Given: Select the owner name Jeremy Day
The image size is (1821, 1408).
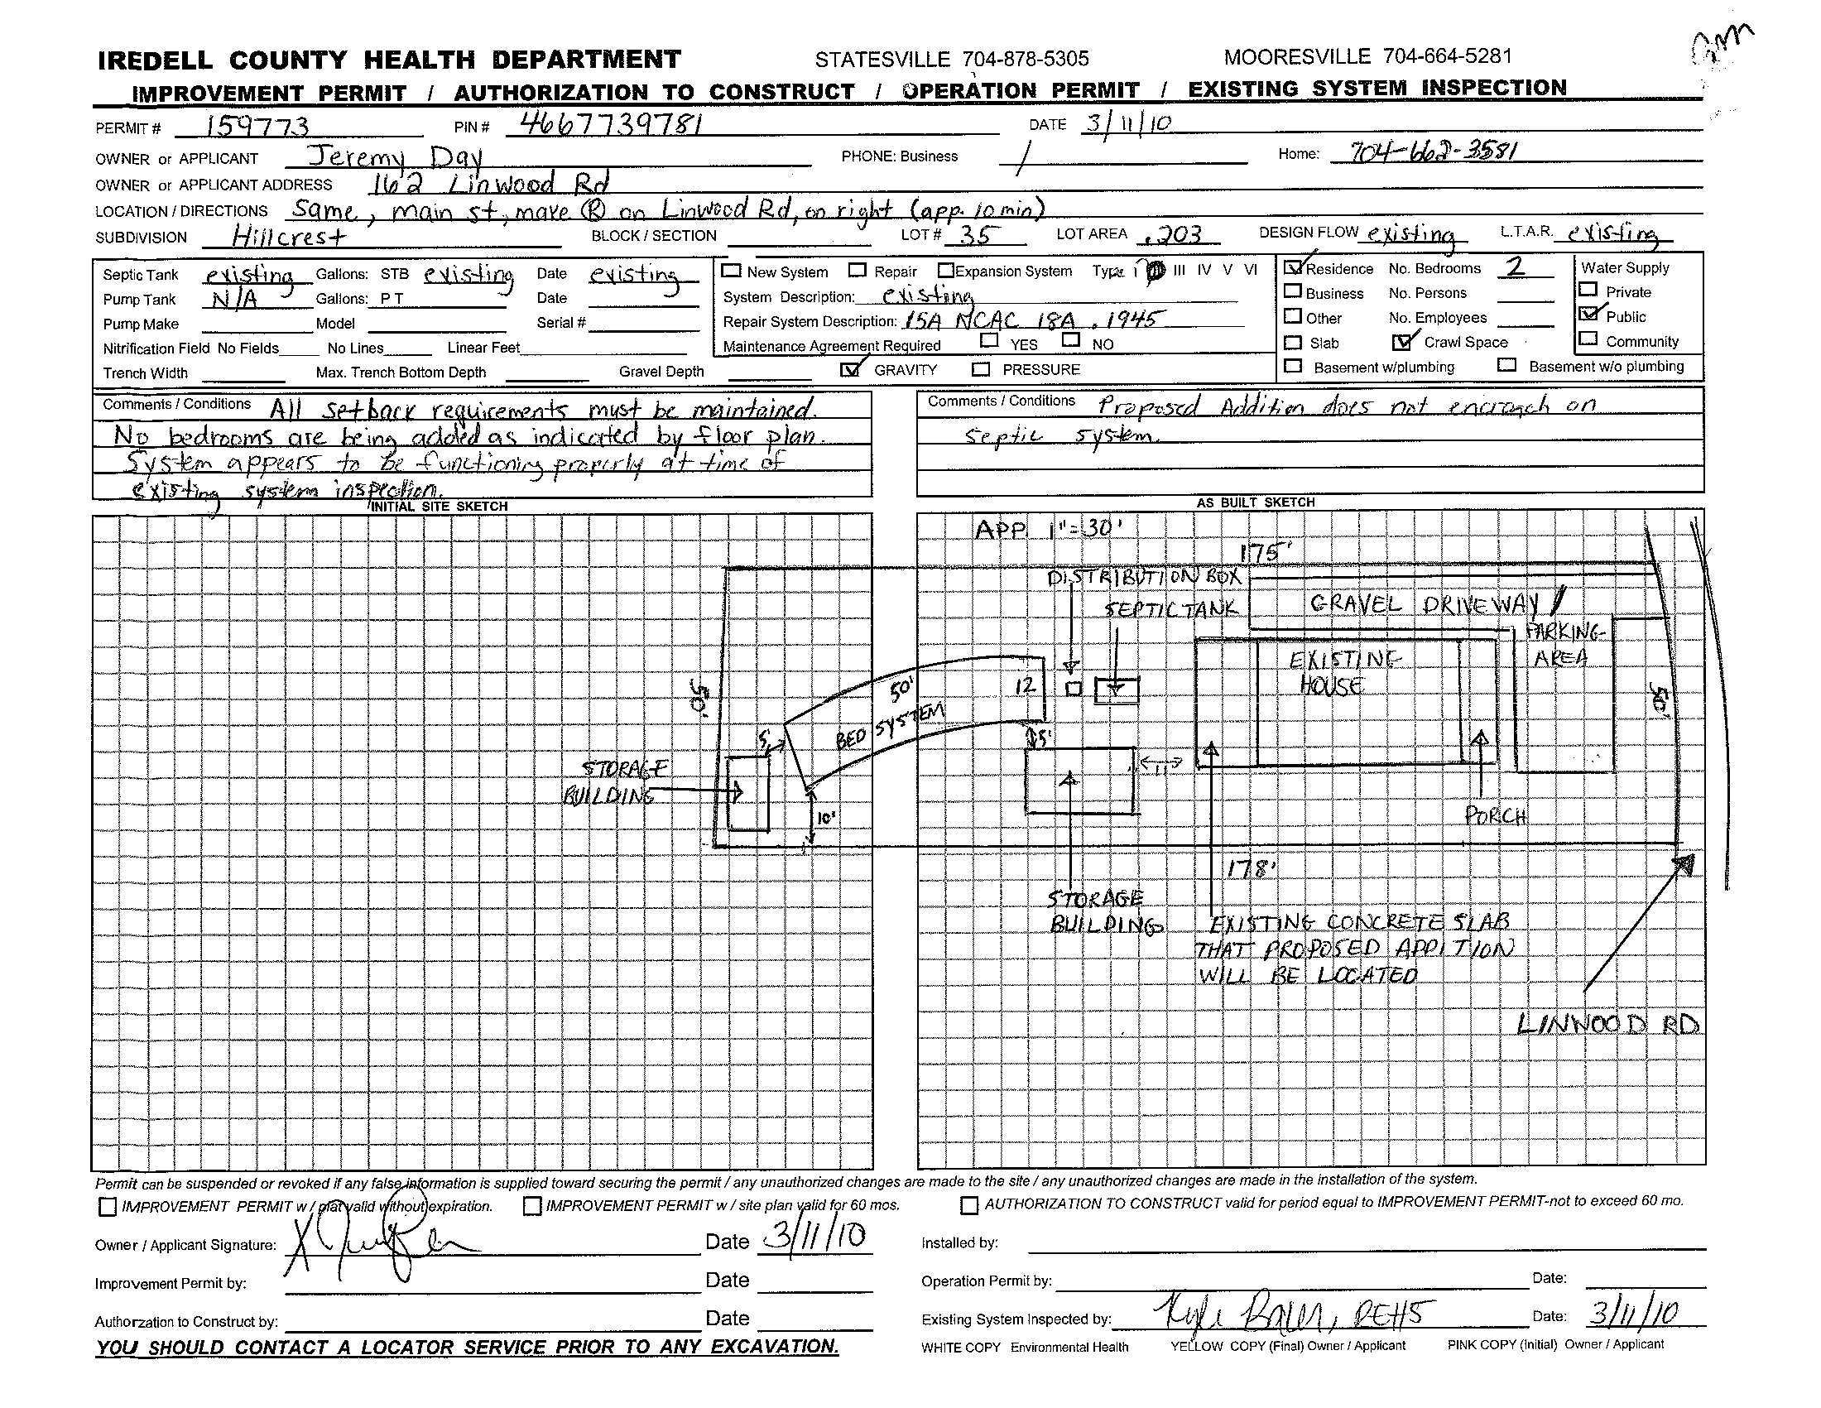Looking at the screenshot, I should pos(394,156).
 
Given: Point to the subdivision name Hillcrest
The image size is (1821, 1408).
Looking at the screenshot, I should pos(289,237).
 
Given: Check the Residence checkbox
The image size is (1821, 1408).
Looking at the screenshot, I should pos(1294,267).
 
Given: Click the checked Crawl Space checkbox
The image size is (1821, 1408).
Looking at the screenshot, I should pos(1402,342).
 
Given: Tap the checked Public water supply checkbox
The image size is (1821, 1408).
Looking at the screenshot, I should pos(1588,315).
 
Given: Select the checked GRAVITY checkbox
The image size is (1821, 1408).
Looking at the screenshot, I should pos(850,369).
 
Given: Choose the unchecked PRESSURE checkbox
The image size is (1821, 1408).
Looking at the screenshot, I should pos(982,369).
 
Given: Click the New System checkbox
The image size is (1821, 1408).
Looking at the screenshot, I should pos(731,271).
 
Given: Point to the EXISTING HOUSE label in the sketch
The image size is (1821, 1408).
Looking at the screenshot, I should pos(1338,673).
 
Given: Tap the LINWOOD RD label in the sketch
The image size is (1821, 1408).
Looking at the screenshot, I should pos(1607,1024).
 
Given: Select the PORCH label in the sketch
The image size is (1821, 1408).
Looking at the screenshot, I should pos(1496,815).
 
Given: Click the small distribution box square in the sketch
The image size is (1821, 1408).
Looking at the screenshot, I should pos(1074,689).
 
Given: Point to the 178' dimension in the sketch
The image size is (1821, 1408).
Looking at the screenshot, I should pos(1252,869).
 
